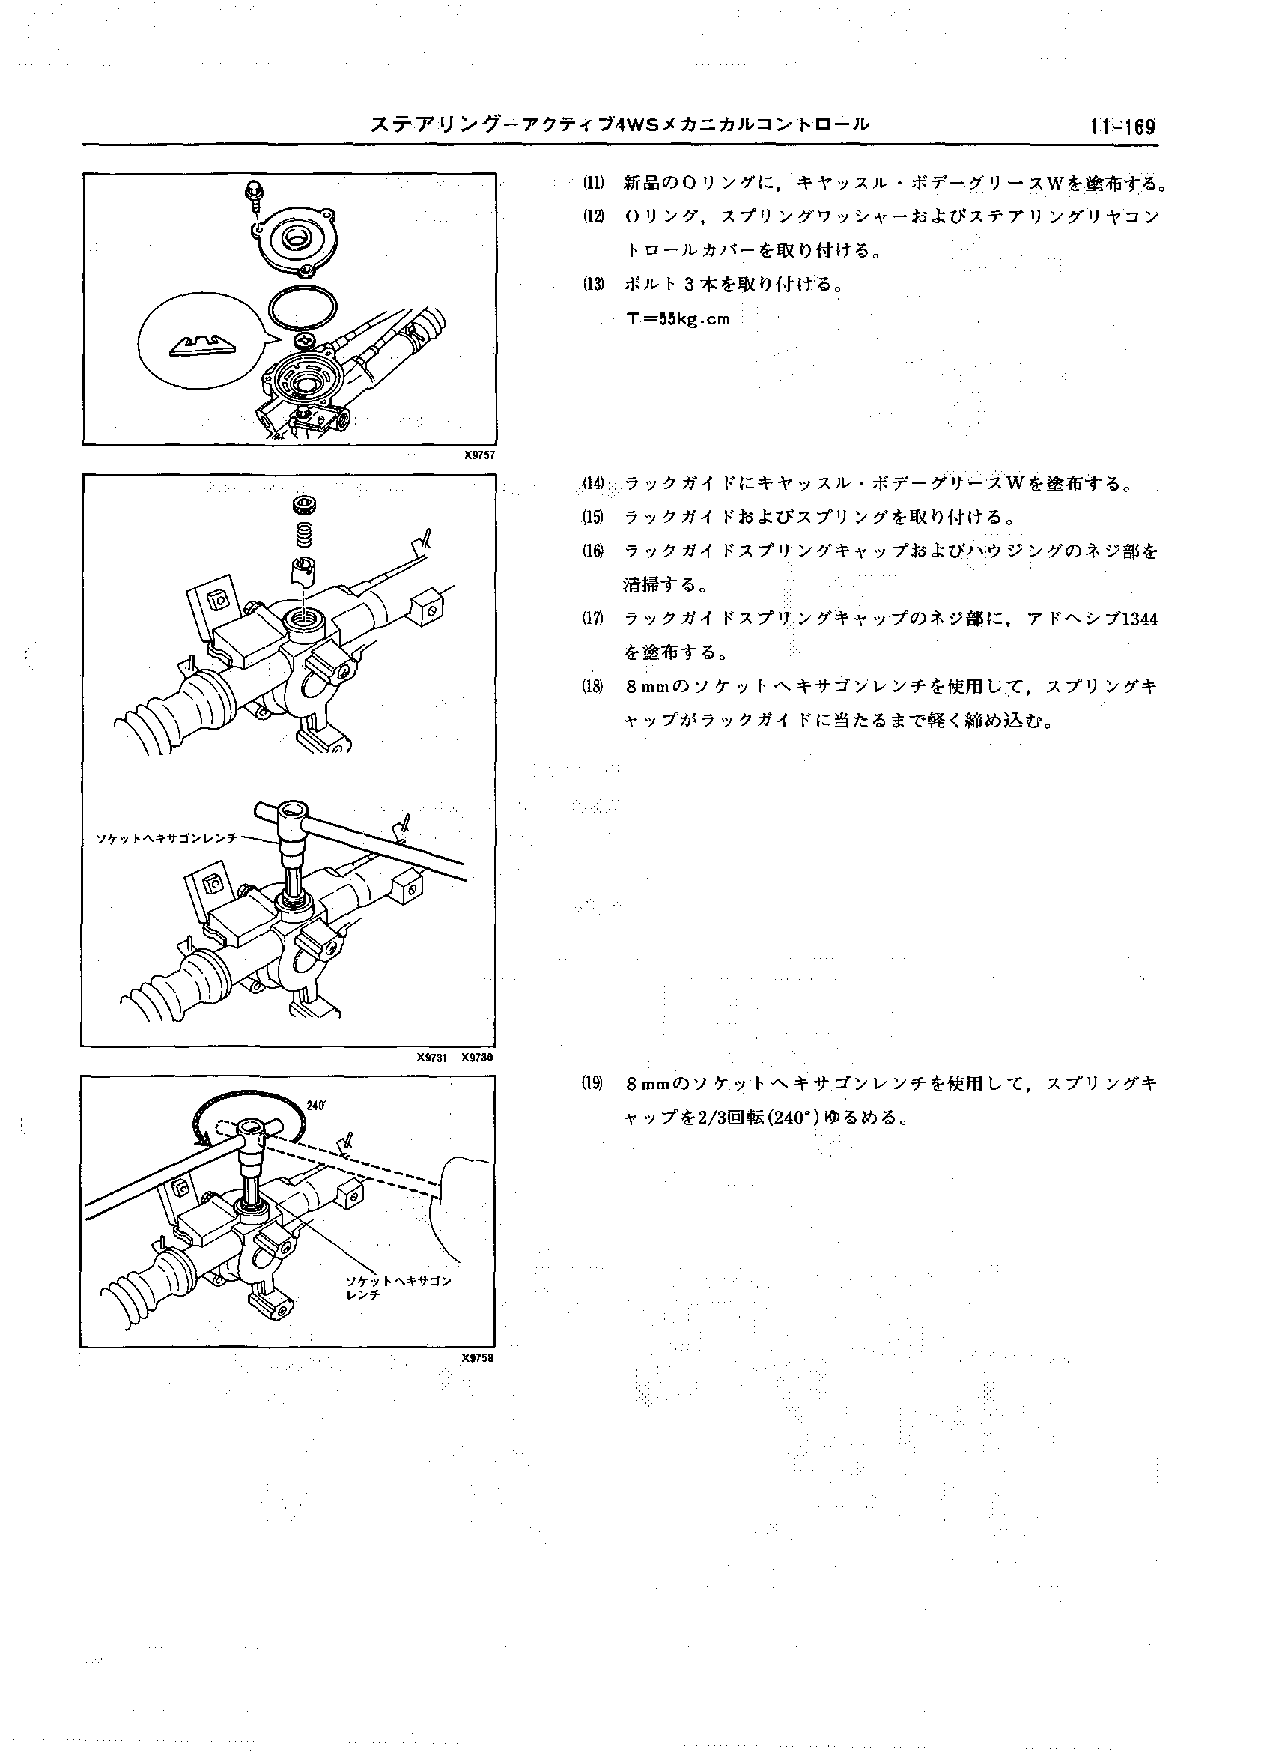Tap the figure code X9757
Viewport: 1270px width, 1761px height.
[x=479, y=455]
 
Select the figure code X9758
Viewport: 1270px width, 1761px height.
[x=478, y=1358]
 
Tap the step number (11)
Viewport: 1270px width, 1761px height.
[x=593, y=184]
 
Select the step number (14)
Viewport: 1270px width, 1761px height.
[x=593, y=484]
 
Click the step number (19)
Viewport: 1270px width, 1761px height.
[x=593, y=1084]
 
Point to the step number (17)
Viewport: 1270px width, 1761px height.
[x=593, y=618]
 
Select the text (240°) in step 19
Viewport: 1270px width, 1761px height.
[x=793, y=1118]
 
